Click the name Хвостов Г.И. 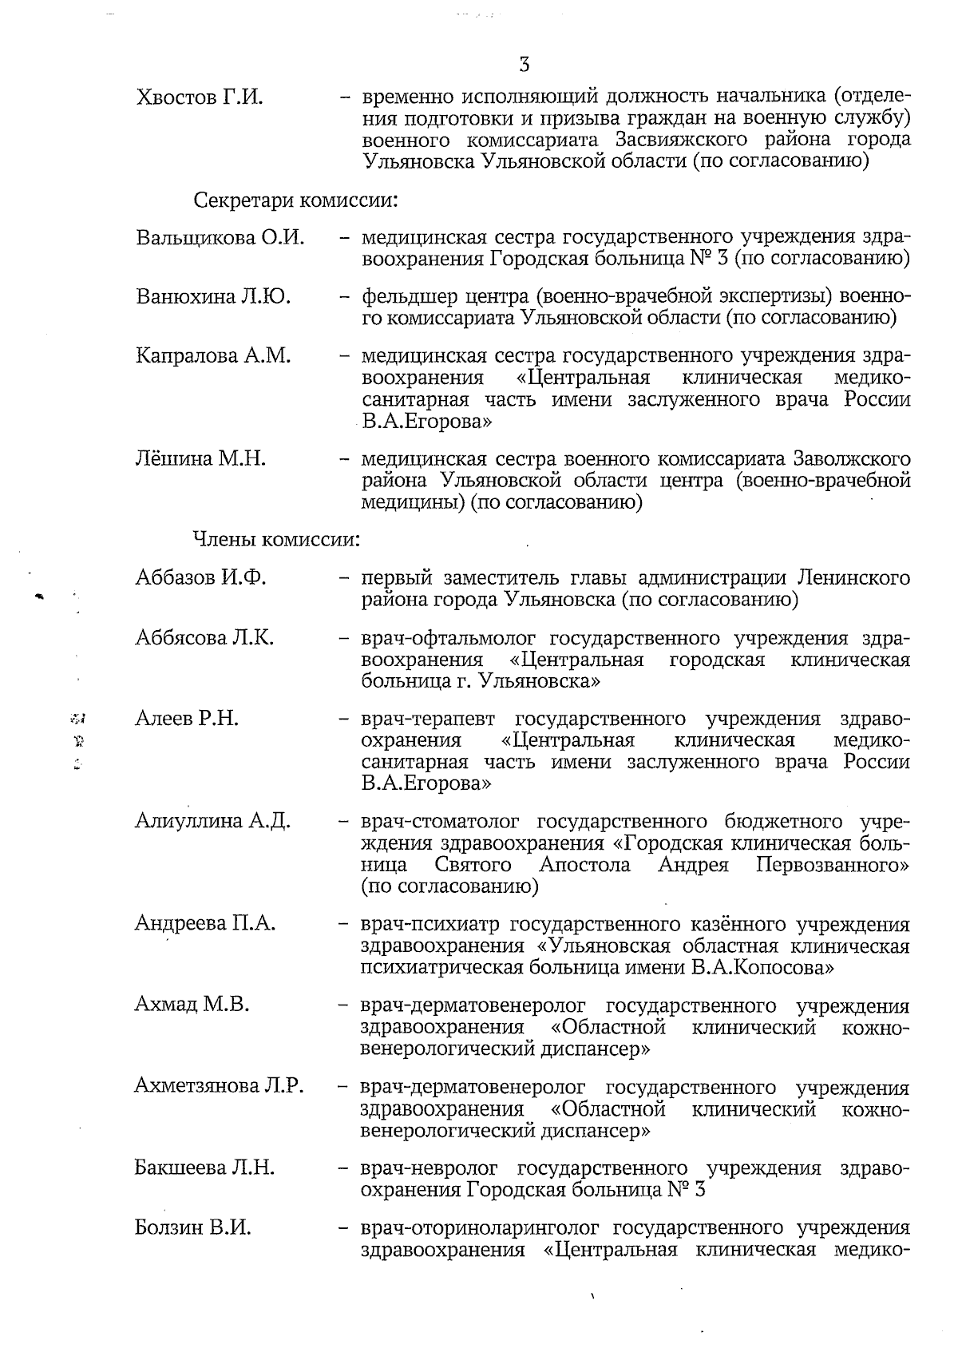point(200,98)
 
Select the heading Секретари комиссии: point(296,199)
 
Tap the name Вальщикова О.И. point(220,239)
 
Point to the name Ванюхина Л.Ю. point(213,297)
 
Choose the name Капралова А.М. point(213,356)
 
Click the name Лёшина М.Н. point(200,459)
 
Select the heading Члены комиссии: point(277,540)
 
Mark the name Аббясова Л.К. point(205,638)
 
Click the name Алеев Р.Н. point(187,719)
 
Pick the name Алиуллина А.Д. point(212,822)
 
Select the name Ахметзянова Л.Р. point(219,1086)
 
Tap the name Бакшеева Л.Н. point(204,1168)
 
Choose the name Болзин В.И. point(192,1228)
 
